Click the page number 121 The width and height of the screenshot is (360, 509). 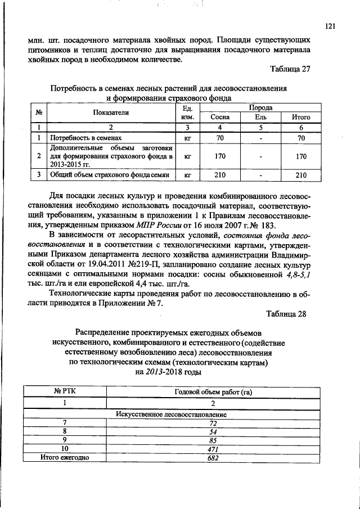(330, 26)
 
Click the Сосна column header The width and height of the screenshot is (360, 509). (220, 117)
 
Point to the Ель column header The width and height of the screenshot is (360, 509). (260, 117)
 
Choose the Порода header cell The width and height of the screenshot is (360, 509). (261, 107)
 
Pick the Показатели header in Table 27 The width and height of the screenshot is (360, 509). (111, 112)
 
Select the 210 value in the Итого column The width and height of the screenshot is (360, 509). (301, 175)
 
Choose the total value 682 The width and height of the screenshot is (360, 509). (213, 457)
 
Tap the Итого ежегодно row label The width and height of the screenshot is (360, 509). (65, 457)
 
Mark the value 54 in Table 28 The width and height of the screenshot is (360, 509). (213, 431)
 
